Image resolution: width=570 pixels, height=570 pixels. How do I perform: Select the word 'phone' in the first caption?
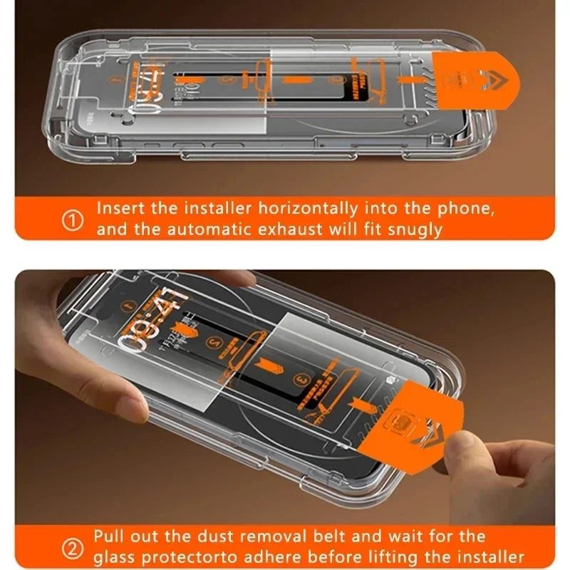click(x=467, y=209)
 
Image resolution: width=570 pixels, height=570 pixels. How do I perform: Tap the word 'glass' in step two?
click(x=114, y=557)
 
